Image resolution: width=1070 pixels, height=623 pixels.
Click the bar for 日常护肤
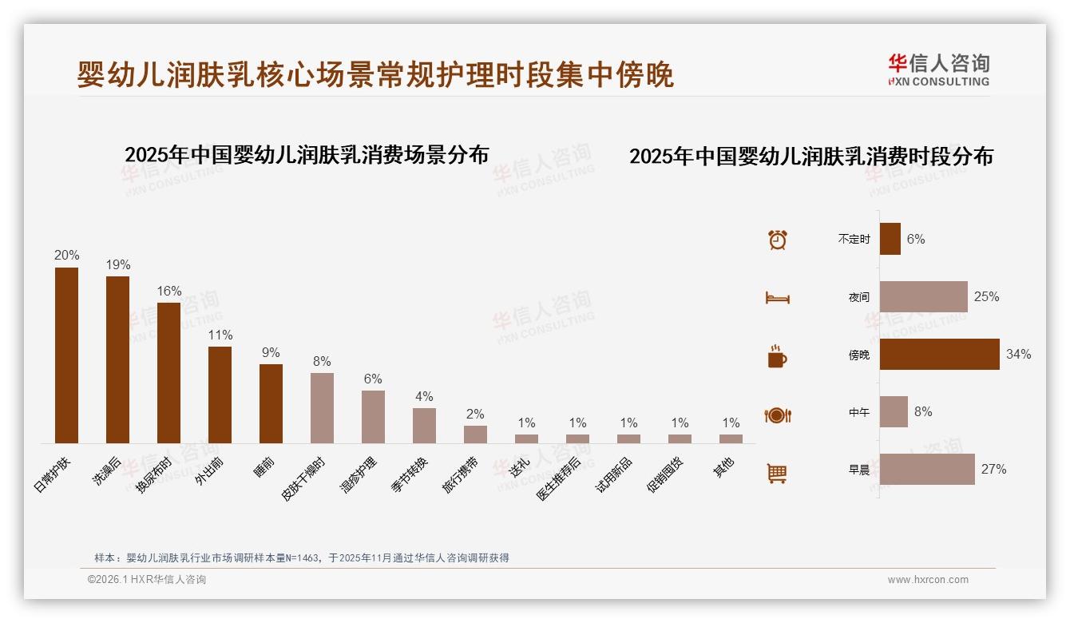[x=66, y=355]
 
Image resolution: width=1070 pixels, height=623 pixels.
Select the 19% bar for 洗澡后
[x=117, y=359]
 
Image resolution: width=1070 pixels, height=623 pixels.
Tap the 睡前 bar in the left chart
[x=271, y=403]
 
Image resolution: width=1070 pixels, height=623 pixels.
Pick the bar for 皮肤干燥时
[x=322, y=407]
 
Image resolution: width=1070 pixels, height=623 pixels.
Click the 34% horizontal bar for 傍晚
[x=939, y=354]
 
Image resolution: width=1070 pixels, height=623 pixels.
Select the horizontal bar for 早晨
[x=926, y=469]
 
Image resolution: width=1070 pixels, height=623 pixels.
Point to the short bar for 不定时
[x=890, y=239]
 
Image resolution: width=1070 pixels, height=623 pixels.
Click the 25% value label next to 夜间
[x=986, y=296]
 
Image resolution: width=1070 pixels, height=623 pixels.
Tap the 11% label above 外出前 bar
[x=220, y=335]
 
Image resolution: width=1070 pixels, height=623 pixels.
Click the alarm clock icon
[x=777, y=239]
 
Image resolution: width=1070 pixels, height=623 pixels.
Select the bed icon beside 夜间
[x=777, y=297]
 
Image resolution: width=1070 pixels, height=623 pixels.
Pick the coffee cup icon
[x=777, y=356]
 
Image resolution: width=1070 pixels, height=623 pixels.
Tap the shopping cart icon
[x=777, y=473]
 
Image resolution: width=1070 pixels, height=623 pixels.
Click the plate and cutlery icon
[x=777, y=415]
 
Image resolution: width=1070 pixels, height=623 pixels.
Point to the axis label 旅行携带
[x=461, y=474]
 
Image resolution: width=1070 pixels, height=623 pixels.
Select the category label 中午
[x=858, y=412]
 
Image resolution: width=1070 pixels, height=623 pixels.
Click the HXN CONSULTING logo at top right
[x=938, y=69]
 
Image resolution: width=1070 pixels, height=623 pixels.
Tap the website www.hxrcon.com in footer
[x=928, y=580]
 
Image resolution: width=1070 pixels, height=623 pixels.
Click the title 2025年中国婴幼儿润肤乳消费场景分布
[x=307, y=154]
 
